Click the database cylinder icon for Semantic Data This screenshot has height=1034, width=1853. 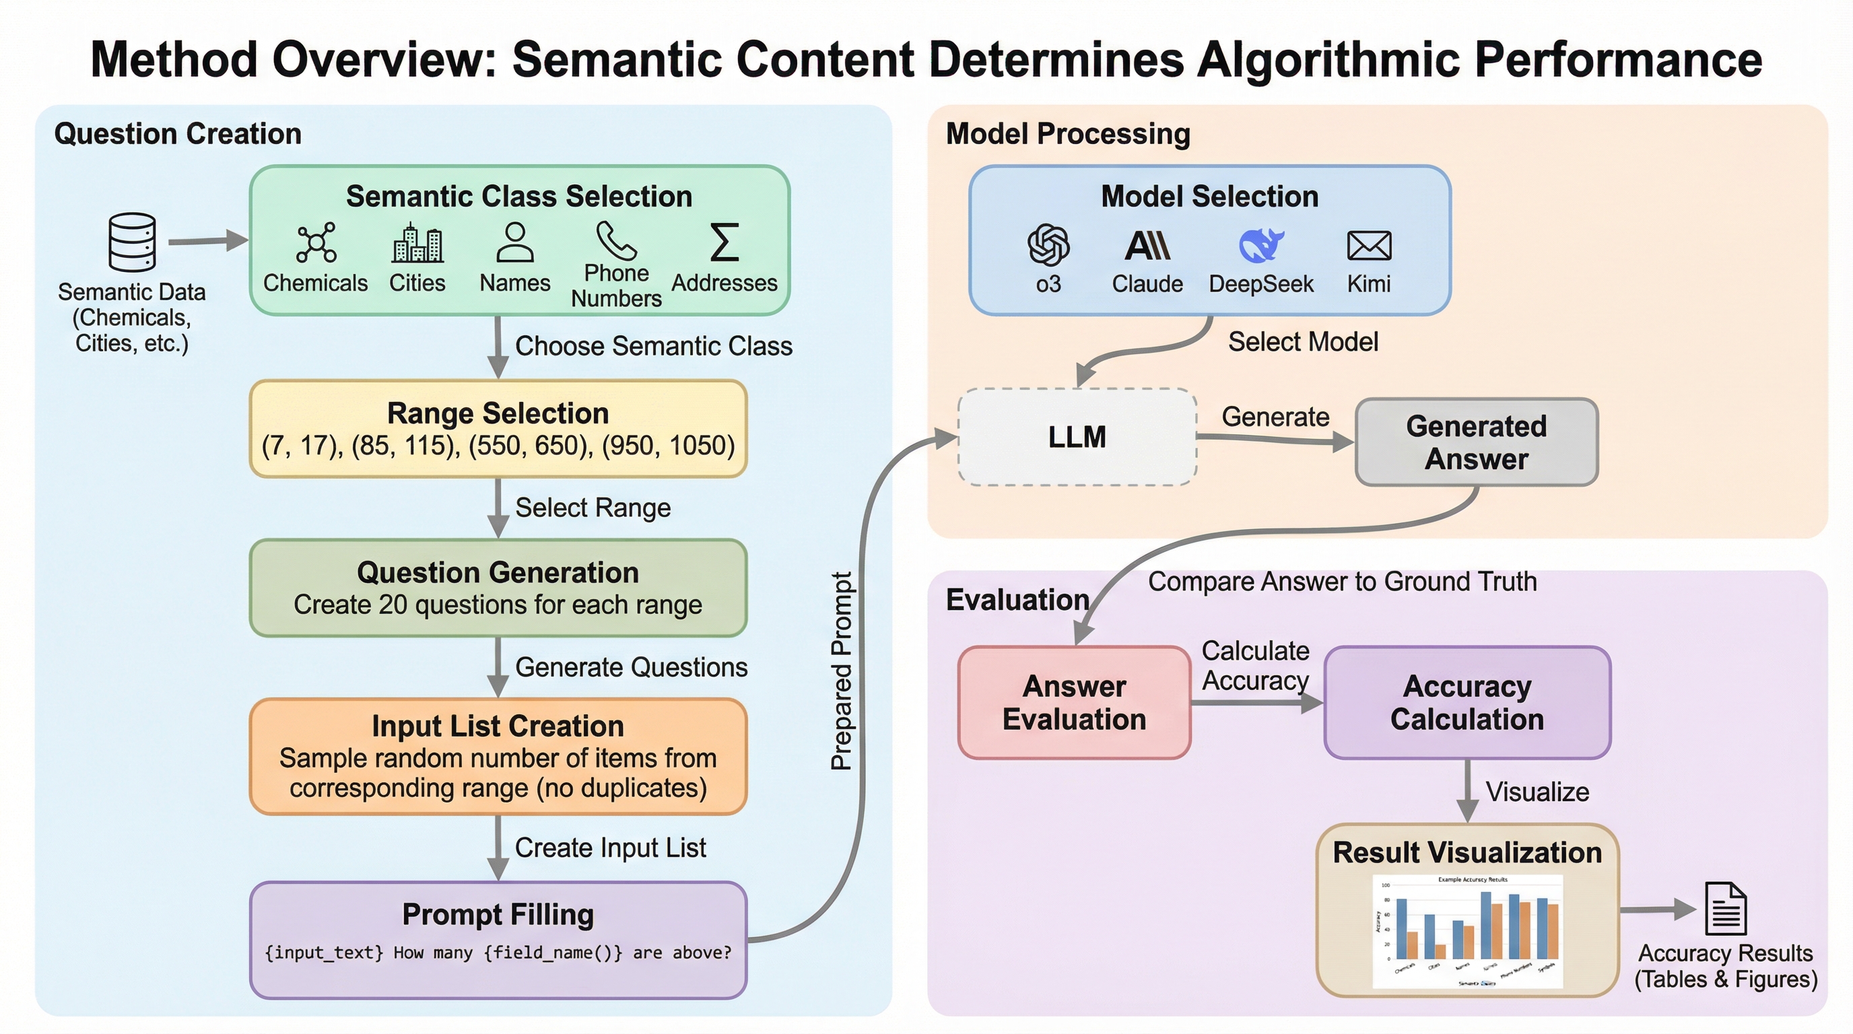point(133,242)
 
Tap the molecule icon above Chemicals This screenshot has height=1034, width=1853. point(316,242)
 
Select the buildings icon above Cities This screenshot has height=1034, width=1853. point(417,243)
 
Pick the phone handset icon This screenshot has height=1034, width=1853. point(615,240)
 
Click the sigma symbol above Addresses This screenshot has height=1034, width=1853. point(725,242)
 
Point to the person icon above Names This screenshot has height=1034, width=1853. point(515,242)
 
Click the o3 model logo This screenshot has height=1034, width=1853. point(1048,245)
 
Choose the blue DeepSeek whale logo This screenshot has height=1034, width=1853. point(1261,245)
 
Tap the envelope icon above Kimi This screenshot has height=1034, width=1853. point(1369,246)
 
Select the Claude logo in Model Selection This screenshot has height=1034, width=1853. point(1147,246)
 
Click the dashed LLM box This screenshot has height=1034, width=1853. point(1077,437)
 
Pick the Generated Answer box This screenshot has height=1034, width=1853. point(1476,442)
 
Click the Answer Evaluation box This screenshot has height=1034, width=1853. point(1074,703)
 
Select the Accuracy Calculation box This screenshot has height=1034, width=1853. point(1467,703)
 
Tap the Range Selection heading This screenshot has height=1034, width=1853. point(498,413)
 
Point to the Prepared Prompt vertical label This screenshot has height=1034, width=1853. point(842,671)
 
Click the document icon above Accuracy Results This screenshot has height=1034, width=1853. point(1726,908)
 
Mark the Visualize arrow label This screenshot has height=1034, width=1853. point(1537,792)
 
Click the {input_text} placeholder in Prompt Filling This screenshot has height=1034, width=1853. point(324,953)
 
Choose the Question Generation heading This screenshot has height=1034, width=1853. point(498,572)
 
